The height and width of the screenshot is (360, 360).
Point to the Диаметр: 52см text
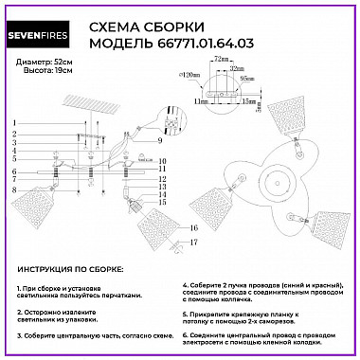click(42, 62)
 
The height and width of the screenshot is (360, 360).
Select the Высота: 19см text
click(39, 71)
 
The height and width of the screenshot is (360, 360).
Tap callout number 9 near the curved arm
click(162, 140)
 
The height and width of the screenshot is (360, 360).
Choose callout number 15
click(162, 203)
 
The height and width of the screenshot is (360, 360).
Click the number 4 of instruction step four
click(186, 284)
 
